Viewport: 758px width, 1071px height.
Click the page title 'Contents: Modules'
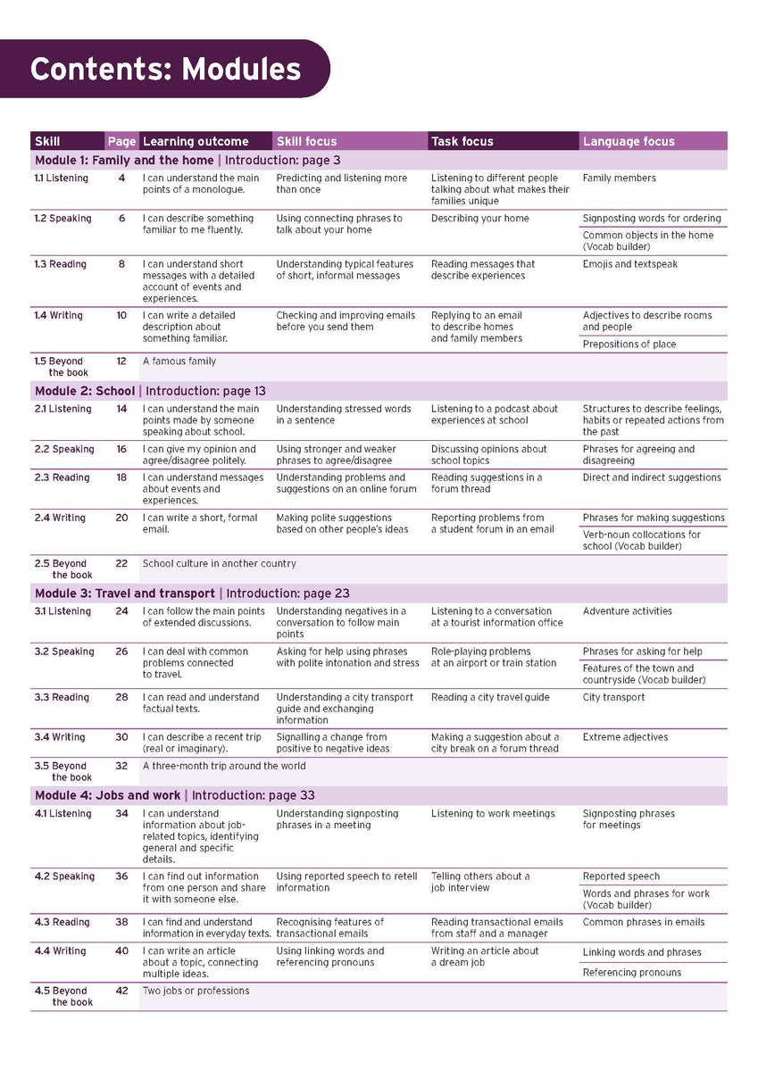click(165, 69)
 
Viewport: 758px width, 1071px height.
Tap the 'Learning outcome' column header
click(196, 141)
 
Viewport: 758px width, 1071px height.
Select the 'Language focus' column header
click(629, 141)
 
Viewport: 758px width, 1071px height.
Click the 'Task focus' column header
click(462, 141)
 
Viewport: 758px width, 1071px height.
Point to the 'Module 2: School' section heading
click(85, 391)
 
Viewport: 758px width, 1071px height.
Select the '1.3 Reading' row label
click(62, 264)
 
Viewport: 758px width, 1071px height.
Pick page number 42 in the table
click(121, 991)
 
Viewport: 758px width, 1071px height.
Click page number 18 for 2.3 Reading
click(121, 477)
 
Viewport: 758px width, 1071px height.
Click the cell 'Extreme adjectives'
click(625, 737)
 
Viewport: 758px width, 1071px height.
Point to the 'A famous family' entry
click(179, 361)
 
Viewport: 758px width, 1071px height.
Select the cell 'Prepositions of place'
click(629, 345)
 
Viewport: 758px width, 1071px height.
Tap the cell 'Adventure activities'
click(628, 611)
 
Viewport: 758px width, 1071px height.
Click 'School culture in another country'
click(220, 564)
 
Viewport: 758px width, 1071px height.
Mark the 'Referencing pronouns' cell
click(632, 973)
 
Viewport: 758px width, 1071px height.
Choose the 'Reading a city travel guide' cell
click(490, 697)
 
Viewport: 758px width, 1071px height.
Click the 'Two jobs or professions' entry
click(196, 991)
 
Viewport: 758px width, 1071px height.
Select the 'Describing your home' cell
click(480, 218)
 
